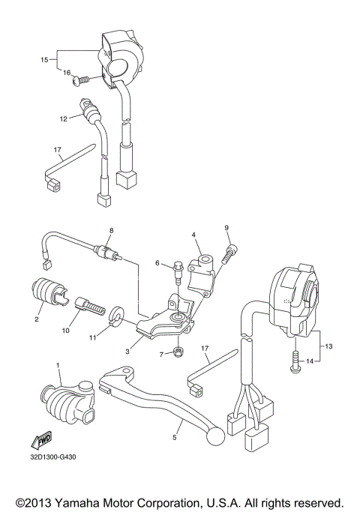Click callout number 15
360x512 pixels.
tap(44, 58)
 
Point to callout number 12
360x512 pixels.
tap(64, 118)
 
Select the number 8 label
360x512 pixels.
tap(111, 230)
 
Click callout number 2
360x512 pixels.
tap(35, 319)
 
